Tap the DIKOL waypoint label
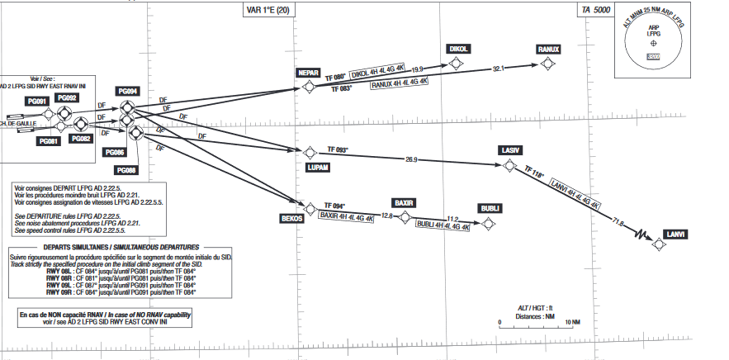[459, 49]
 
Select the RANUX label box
[548, 49]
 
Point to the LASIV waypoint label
[509, 150]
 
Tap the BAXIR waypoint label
[403, 202]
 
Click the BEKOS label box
[292, 219]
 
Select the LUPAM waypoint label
[318, 167]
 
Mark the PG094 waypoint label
[127, 91]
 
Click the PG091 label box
[36, 101]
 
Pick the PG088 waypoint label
[127, 169]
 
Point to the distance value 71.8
[617, 221]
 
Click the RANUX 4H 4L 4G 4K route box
[400, 83]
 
